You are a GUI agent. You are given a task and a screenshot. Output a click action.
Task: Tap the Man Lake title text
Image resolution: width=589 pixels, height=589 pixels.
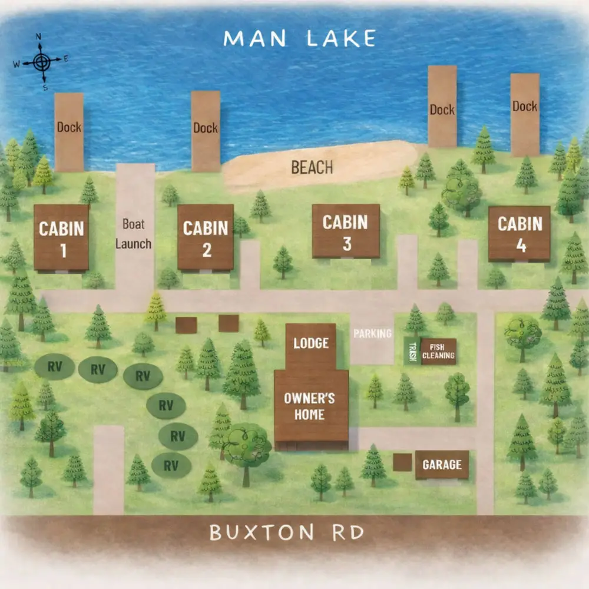[300, 39]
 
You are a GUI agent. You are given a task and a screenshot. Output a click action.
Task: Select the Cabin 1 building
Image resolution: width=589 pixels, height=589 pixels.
[61, 237]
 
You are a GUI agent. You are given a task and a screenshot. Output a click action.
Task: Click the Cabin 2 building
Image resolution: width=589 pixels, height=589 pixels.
[206, 237]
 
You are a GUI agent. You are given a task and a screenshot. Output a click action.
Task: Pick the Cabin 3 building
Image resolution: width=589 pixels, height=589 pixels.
[346, 231]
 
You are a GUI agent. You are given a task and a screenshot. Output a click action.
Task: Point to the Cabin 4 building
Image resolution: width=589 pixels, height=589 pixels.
[519, 233]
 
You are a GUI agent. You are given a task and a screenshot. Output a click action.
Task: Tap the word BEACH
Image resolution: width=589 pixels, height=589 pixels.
[312, 168]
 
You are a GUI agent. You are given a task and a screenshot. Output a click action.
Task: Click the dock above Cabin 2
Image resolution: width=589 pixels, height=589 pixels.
[206, 131]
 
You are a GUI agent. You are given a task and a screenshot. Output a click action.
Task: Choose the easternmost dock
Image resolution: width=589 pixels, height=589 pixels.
[525, 114]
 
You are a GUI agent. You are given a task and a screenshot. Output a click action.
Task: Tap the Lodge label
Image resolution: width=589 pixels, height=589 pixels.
[310, 343]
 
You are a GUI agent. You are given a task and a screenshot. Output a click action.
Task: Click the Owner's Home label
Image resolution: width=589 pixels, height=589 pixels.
[309, 406]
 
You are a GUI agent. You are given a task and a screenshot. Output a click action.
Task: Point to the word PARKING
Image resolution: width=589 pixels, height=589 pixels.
[372, 334]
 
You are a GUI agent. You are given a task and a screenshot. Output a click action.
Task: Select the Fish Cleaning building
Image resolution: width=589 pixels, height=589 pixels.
[438, 352]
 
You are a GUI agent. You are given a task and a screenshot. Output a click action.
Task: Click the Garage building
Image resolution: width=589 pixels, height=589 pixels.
[442, 465]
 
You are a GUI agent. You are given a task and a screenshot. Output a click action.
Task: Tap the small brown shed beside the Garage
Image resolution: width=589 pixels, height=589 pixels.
[402, 462]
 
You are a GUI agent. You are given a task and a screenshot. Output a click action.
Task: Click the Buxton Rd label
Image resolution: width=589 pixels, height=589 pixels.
[286, 533]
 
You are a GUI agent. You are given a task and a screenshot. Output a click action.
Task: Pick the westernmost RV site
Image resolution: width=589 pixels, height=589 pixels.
[54, 367]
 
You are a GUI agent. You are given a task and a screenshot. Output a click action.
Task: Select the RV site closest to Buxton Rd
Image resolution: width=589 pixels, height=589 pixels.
[171, 465]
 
